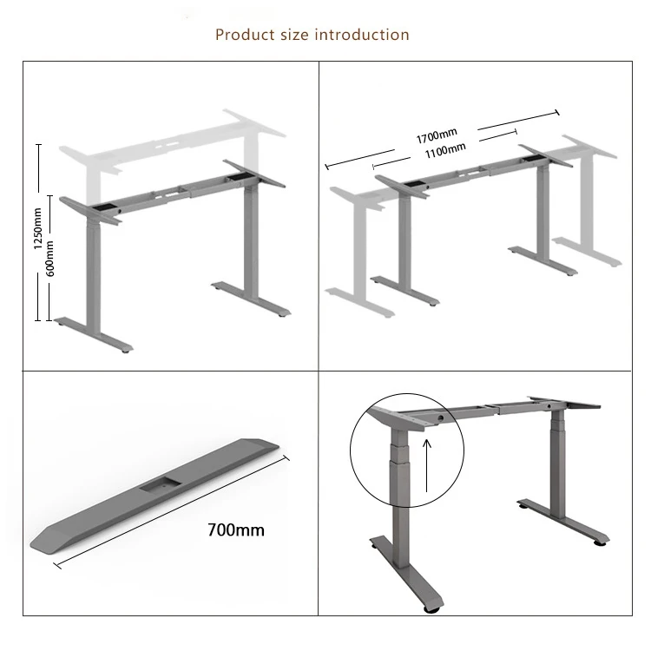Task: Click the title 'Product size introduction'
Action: [x=312, y=36]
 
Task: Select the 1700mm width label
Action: [x=436, y=136]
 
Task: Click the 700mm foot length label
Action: [x=236, y=529]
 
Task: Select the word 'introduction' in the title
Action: [x=365, y=36]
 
